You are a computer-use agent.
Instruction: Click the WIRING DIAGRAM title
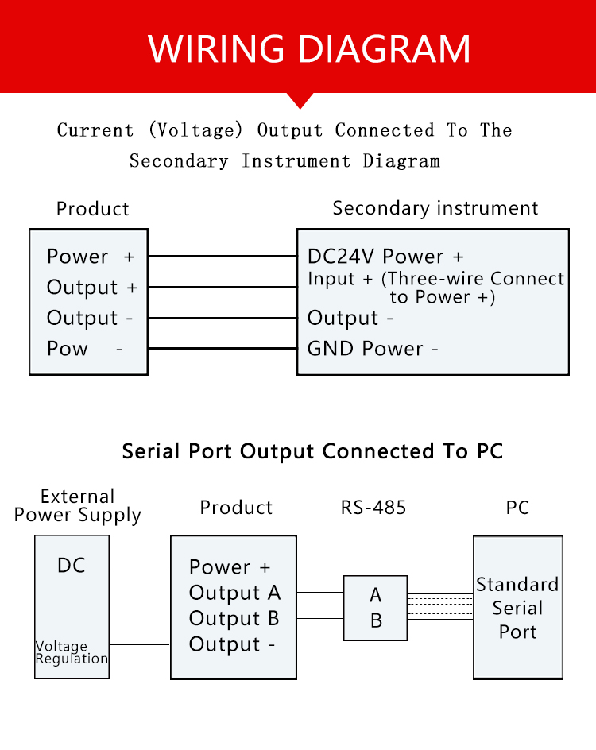(x=309, y=48)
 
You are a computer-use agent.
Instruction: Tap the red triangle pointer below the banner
(x=300, y=101)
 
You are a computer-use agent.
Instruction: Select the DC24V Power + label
(x=385, y=257)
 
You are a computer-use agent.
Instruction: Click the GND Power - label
(x=373, y=349)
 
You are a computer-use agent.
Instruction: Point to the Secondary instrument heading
(x=435, y=208)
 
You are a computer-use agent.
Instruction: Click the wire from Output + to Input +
(x=223, y=287)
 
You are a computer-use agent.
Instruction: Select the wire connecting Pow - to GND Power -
(x=223, y=348)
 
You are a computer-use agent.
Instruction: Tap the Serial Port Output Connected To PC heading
(x=312, y=451)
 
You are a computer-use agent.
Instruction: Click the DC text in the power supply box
(x=72, y=566)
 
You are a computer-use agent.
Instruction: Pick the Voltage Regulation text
(x=72, y=652)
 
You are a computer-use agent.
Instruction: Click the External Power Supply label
(x=78, y=506)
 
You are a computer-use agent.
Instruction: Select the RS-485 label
(x=373, y=508)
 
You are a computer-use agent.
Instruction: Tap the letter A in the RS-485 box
(x=376, y=596)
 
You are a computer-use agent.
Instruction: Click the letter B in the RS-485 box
(x=376, y=620)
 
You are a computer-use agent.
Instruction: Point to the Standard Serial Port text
(x=517, y=608)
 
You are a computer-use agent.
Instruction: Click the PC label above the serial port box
(x=517, y=508)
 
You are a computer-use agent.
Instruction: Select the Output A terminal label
(x=234, y=593)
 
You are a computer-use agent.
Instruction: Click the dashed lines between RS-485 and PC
(x=440, y=606)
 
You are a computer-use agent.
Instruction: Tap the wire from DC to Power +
(x=140, y=566)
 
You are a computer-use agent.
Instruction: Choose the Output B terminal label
(x=234, y=619)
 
